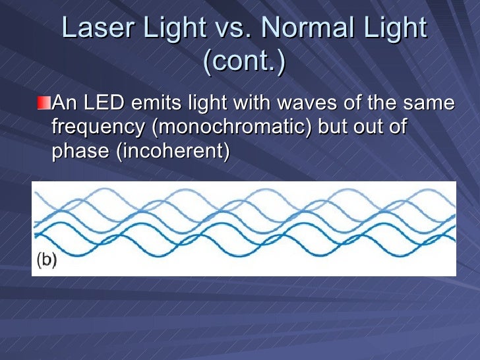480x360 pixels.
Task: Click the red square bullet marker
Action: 43,104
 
